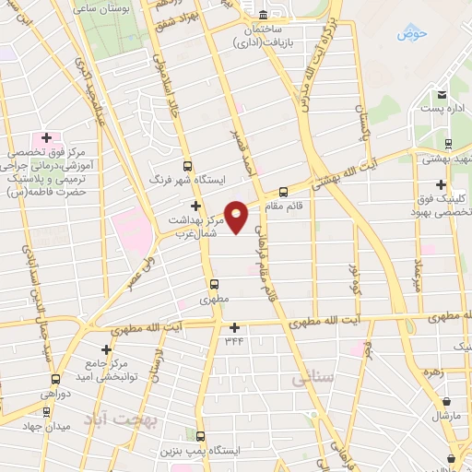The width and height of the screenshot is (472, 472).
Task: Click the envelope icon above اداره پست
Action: pyautogui.click(x=442, y=95)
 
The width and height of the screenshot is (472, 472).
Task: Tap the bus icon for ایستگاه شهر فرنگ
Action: pyautogui.click(x=188, y=167)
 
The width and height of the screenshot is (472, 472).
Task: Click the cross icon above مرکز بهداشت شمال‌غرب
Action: pyautogui.click(x=195, y=206)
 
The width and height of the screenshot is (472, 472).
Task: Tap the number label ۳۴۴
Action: pyautogui.click(x=235, y=341)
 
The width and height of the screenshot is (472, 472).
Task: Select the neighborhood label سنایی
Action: pyautogui.click(x=310, y=379)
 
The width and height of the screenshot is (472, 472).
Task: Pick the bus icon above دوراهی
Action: pyautogui.click(x=56, y=378)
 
